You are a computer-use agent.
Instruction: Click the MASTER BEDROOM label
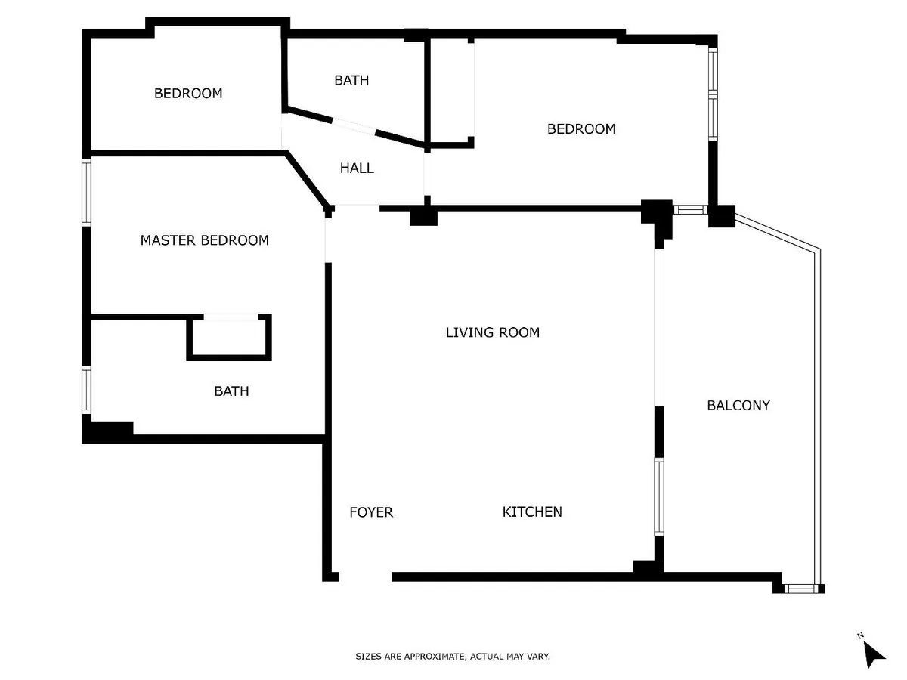click(x=205, y=240)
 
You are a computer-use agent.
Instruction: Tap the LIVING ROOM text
click(x=493, y=332)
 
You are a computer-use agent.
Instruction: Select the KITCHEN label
click(x=532, y=512)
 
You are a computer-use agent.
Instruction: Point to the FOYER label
click(x=371, y=512)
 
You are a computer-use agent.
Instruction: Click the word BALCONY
click(x=738, y=406)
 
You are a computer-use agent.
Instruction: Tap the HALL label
click(x=357, y=168)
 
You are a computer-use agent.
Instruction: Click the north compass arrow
click(x=873, y=654)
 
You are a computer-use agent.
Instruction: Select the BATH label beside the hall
click(x=351, y=80)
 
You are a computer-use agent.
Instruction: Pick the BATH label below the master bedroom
click(x=231, y=391)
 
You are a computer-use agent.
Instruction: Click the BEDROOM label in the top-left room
click(x=188, y=93)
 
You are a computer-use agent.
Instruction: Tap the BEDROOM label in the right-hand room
click(x=581, y=128)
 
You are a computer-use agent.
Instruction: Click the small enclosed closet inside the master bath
click(x=229, y=337)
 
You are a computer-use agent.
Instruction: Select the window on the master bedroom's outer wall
click(x=86, y=193)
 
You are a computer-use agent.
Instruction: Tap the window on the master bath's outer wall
click(x=86, y=390)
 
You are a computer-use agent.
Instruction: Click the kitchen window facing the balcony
click(x=659, y=496)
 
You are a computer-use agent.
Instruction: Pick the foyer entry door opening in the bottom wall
click(x=365, y=576)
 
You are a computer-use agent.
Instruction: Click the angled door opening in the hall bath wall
click(x=354, y=127)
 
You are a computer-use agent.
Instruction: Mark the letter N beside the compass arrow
click(x=860, y=635)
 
